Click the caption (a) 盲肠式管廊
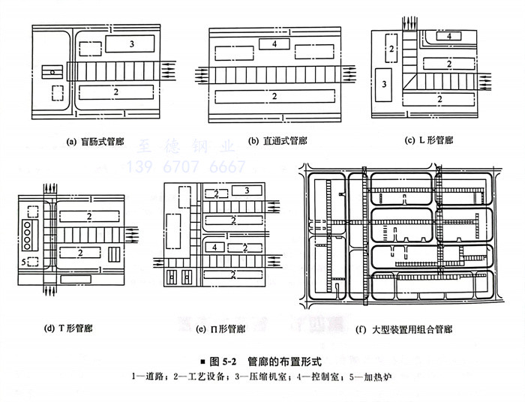100,140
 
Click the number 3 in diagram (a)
131,45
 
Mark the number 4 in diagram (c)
448,36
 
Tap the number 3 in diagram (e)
246,192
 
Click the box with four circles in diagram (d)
30,234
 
